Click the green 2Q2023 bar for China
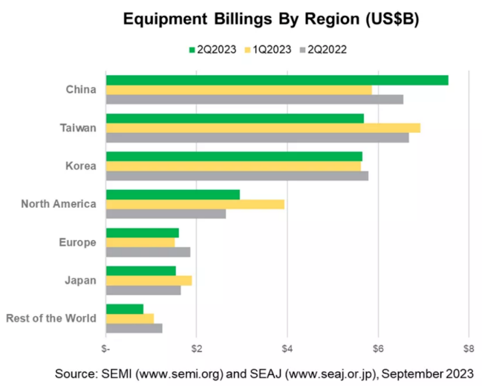(x=277, y=80)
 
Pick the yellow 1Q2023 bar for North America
(x=195, y=204)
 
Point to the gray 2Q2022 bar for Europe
(x=149, y=252)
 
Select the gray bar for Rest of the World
(x=134, y=328)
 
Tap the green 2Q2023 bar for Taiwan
(x=235, y=118)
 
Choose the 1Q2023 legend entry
(x=270, y=50)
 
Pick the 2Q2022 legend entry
(x=326, y=50)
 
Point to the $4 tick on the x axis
(x=287, y=348)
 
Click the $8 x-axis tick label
(x=468, y=348)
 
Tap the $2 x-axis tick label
(x=197, y=348)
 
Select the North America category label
(x=59, y=204)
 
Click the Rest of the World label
(x=51, y=318)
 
